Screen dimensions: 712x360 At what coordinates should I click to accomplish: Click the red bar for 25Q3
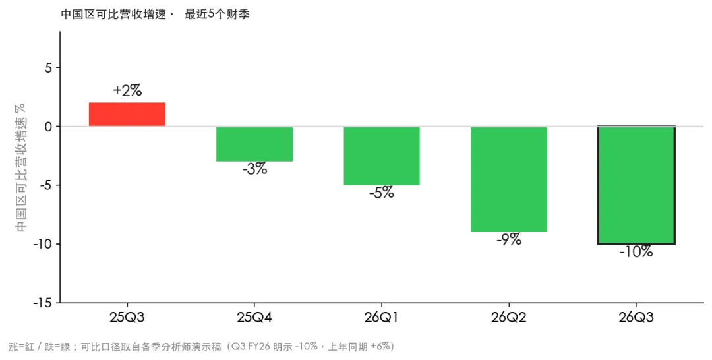click(127, 115)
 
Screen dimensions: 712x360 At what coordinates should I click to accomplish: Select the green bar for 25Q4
click(254, 144)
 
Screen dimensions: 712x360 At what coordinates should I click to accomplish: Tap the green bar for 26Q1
click(382, 156)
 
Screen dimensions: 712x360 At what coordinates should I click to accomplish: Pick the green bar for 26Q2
click(508, 179)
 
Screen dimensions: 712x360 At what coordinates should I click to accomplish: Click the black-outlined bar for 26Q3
click(636, 185)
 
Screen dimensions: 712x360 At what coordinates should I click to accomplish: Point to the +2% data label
click(127, 91)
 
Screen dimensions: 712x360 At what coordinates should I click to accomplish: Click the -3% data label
click(254, 169)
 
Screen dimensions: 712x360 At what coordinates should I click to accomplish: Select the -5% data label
click(382, 193)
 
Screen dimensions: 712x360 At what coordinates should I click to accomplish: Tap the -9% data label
click(508, 240)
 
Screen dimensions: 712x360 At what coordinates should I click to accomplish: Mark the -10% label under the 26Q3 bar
click(636, 252)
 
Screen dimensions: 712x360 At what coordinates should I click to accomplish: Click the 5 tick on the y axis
click(49, 68)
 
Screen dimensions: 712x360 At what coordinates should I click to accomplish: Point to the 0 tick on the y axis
click(49, 126)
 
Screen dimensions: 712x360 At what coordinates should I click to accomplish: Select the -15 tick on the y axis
click(43, 303)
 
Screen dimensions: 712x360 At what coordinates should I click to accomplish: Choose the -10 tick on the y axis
click(43, 244)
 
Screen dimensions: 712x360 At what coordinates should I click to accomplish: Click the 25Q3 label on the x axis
click(127, 317)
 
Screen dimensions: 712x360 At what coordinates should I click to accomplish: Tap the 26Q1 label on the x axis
click(382, 317)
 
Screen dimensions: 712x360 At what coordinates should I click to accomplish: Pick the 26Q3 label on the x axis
click(636, 317)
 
